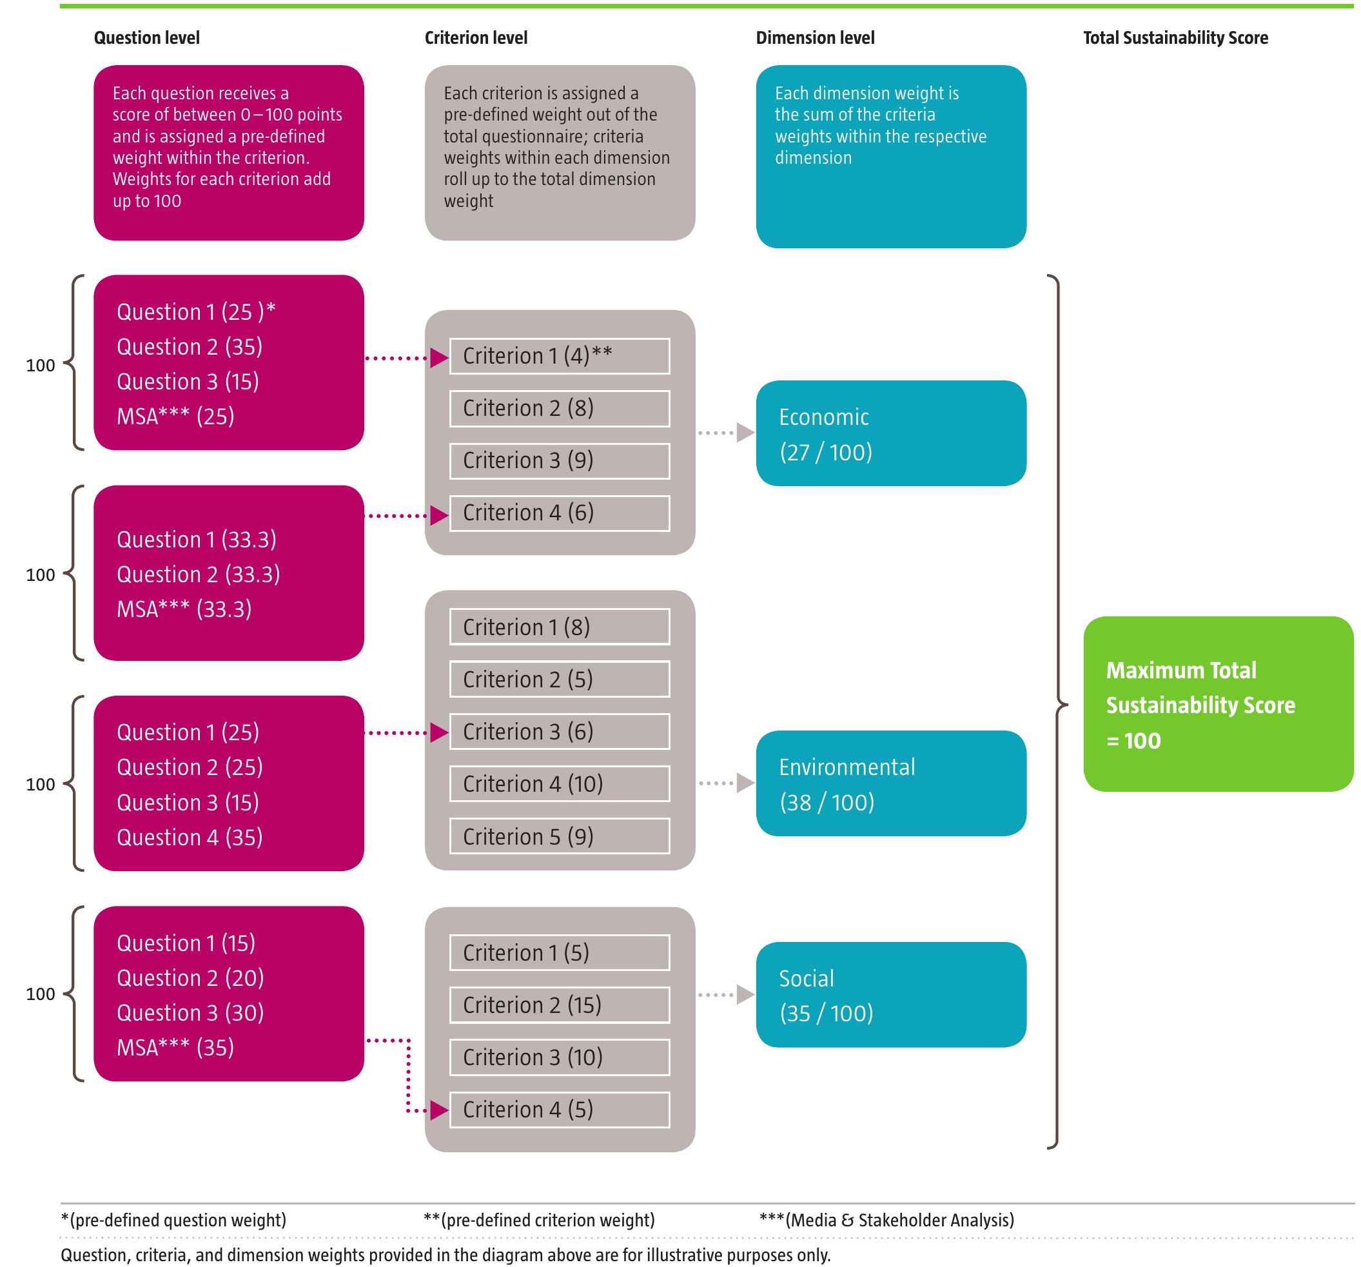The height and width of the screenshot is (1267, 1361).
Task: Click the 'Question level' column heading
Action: click(x=146, y=38)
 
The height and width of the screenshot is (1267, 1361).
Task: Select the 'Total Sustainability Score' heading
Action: click(x=1175, y=38)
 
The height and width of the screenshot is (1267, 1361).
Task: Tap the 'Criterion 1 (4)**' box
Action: click(x=560, y=357)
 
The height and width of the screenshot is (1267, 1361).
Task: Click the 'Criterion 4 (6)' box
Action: click(x=560, y=513)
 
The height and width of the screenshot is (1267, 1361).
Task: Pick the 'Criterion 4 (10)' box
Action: click(x=560, y=785)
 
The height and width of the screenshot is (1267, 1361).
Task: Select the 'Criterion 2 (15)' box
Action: click(x=560, y=1005)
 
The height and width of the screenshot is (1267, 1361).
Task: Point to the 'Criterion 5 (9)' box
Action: click(x=560, y=837)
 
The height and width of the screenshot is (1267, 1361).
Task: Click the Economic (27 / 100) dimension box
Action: click(x=890, y=434)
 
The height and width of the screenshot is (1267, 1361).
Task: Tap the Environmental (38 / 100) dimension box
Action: click(x=890, y=784)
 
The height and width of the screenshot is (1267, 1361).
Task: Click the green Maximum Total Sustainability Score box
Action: click(x=1218, y=705)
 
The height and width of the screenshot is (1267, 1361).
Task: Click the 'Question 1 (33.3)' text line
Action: click(x=197, y=540)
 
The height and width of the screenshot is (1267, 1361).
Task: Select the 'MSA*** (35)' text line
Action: click(x=175, y=1048)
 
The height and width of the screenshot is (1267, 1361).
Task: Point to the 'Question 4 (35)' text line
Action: click(x=190, y=838)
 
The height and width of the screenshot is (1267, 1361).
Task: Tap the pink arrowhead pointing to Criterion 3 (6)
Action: click(x=439, y=734)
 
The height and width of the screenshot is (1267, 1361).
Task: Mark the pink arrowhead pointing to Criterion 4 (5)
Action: click(x=439, y=1110)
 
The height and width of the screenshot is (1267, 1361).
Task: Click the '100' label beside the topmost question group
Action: click(x=41, y=366)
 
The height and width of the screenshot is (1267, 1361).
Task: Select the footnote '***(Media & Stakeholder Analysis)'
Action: click(x=886, y=1221)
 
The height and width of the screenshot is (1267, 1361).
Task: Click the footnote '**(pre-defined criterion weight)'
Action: click(x=539, y=1221)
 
